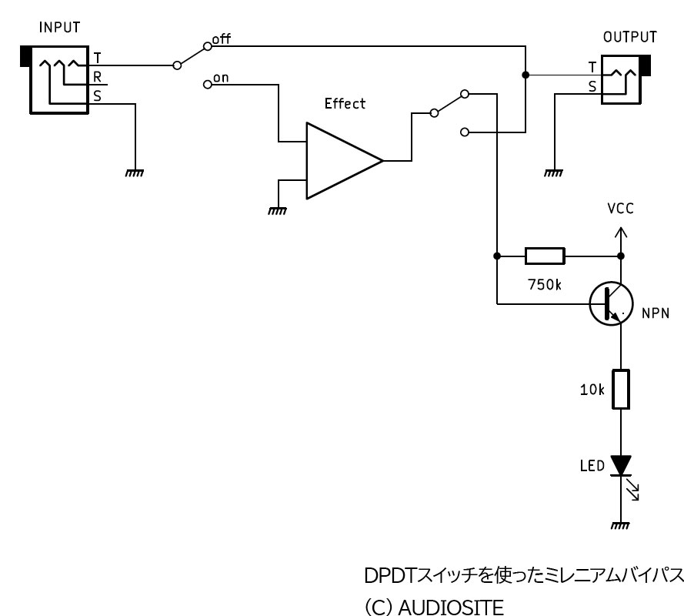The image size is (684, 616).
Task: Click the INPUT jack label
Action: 59,28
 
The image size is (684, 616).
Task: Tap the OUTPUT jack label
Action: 630,37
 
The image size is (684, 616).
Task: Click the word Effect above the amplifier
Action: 345,103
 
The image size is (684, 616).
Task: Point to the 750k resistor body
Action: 545,256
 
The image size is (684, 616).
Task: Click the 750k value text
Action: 545,285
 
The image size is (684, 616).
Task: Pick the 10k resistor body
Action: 621,389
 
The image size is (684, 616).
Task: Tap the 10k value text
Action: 592,390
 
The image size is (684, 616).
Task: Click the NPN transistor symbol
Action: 611,303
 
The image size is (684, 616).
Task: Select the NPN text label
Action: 656,313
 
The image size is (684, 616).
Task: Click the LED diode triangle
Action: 621,465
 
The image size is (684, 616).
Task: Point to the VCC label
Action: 620,209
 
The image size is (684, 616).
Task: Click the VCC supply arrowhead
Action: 621,232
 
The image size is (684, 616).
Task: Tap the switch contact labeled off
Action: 208,46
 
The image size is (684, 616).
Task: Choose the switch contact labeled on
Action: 208,84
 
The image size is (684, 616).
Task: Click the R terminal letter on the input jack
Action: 97,77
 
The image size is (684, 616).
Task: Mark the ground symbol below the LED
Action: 620,526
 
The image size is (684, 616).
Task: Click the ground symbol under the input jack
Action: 135,173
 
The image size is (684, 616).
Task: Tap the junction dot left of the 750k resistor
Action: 497,256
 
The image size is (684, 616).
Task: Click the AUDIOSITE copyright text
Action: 434,608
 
